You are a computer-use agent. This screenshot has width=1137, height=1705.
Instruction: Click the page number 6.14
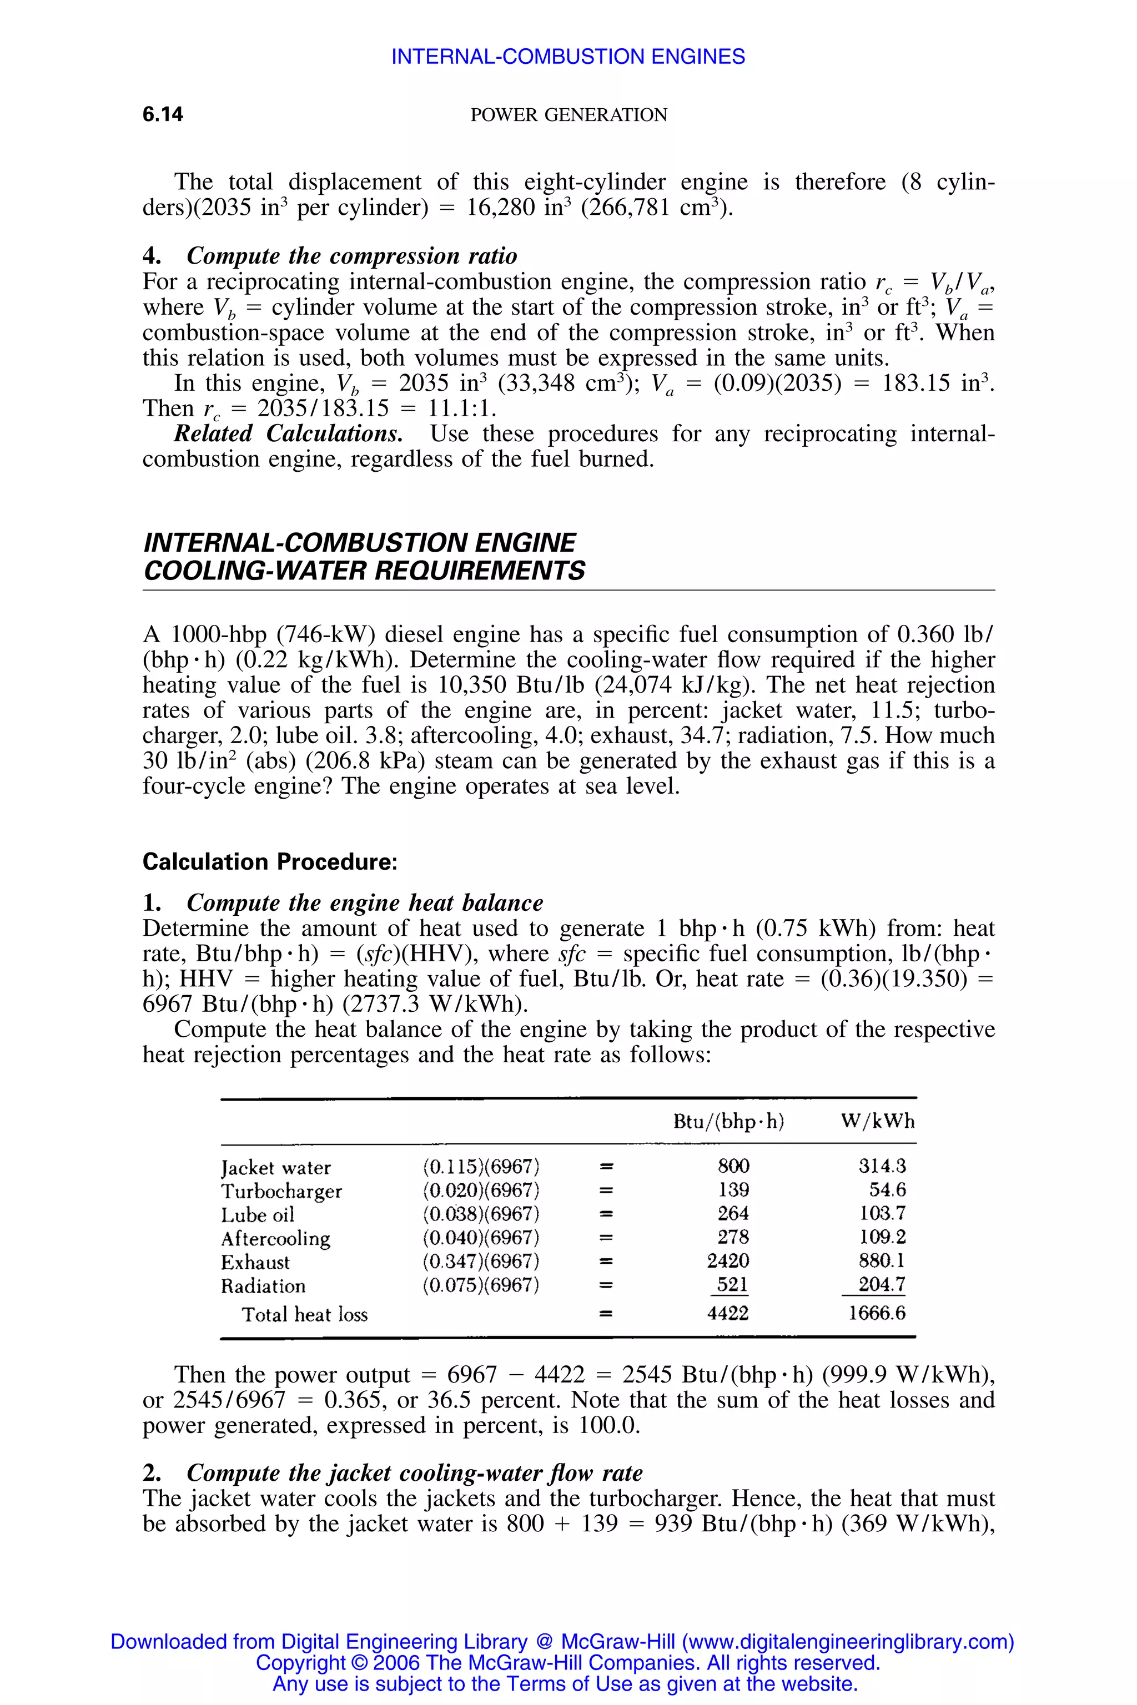163,114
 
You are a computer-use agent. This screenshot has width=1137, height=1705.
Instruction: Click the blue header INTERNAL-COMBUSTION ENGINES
568,57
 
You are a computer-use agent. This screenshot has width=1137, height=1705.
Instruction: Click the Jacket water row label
275,1168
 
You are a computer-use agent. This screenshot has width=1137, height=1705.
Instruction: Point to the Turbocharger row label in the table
281,1191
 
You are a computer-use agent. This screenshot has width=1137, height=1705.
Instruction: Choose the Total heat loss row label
305,1314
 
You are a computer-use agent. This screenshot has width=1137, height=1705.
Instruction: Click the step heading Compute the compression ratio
351,256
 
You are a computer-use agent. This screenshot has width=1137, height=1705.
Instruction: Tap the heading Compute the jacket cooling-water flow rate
414,1473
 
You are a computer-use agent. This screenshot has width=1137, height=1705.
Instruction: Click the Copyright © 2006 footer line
568,1662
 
